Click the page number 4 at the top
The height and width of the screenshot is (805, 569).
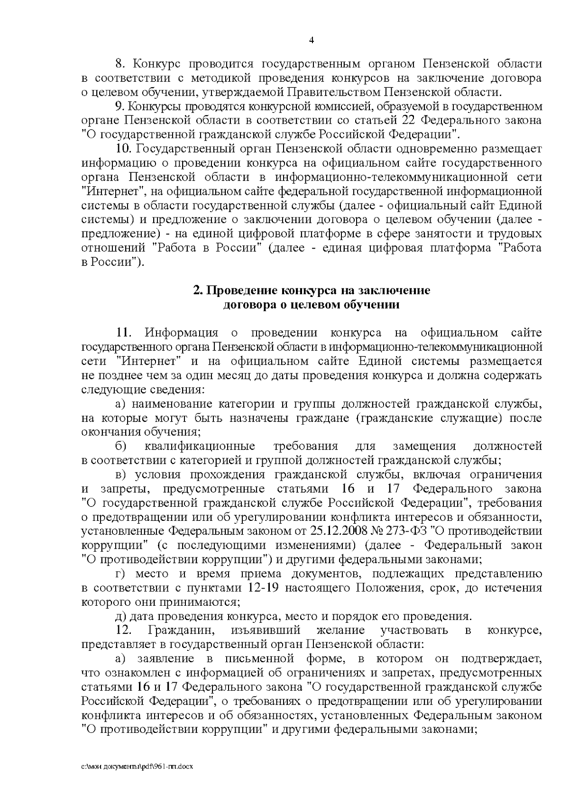(x=312, y=40)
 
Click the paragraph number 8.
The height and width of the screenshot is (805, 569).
(x=120, y=64)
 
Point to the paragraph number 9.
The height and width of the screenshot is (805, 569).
(x=120, y=106)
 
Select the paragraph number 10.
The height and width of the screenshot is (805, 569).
(x=123, y=148)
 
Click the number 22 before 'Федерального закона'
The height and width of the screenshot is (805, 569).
(x=409, y=120)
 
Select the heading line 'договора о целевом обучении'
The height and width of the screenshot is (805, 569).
(x=312, y=305)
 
